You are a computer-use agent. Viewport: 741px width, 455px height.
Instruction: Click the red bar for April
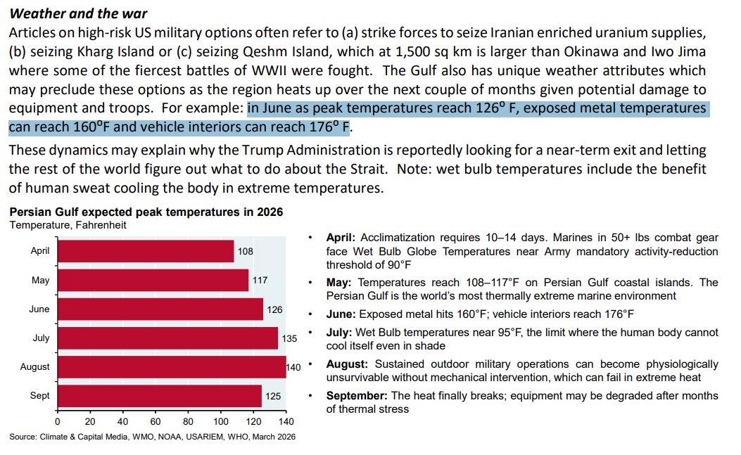point(145,251)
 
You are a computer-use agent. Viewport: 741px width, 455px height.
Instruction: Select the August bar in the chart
point(171,366)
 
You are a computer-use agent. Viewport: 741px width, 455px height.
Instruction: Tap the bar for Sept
point(159,396)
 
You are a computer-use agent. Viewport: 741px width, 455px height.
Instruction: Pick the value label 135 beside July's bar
point(290,338)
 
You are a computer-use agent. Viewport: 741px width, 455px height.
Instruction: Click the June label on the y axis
point(40,309)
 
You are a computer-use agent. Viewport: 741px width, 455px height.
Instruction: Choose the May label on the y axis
point(41,280)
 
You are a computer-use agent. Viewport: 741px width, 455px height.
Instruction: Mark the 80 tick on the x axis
point(188,422)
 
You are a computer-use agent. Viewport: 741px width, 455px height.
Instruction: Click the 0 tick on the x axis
point(57,422)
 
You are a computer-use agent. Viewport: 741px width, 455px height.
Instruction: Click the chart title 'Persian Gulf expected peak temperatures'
point(146,212)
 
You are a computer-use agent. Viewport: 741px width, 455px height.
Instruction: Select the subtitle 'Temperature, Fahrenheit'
point(68,225)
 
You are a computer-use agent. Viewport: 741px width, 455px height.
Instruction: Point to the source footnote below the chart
point(152,437)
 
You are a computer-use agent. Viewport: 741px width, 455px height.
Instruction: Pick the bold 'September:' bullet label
point(356,396)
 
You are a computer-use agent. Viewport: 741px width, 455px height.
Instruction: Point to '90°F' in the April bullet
point(397,265)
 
